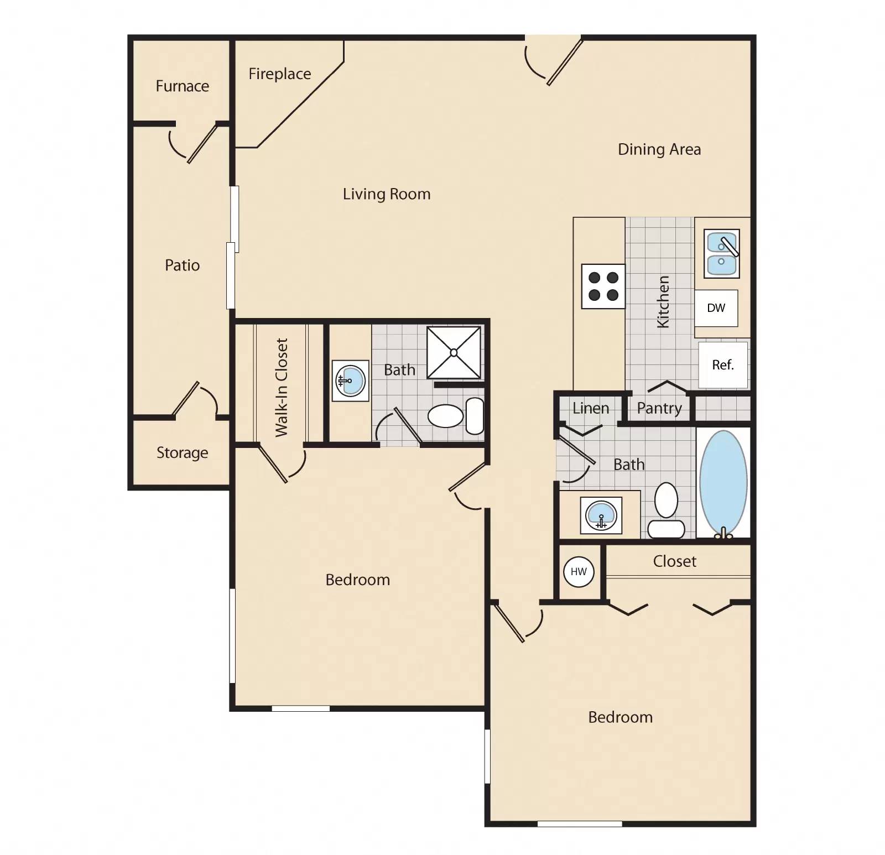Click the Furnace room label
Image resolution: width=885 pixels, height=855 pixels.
click(x=182, y=86)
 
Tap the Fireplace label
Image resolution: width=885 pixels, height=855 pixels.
click(x=279, y=74)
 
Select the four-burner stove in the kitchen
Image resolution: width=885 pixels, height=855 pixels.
click(x=603, y=286)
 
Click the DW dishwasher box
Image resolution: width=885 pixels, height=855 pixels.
click(x=716, y=308)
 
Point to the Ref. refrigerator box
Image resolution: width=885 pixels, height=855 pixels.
click(x=722, y=365)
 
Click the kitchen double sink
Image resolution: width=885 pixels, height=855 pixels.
click(x=721, y=254)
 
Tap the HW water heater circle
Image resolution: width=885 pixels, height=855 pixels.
click(x=579, y=571)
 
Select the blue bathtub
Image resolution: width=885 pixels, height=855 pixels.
click(x=723, y=482)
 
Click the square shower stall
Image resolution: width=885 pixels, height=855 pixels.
click(x=454, y=352)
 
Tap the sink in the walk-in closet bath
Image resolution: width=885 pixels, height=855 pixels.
click(x=351, y=380)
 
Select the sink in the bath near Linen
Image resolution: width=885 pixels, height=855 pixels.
click(x=601, y=515)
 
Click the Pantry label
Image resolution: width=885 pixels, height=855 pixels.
click(x=659, y=408)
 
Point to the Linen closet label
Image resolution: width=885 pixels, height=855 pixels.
click(x=590, y=408)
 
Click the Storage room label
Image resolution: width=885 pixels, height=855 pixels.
click(x=182, y=453)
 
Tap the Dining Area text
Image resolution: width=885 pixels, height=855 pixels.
click(x=659, y=149)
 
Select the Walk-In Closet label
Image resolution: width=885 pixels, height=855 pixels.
click(x=282, y=387)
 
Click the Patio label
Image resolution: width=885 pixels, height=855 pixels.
click(x=182, y=265)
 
